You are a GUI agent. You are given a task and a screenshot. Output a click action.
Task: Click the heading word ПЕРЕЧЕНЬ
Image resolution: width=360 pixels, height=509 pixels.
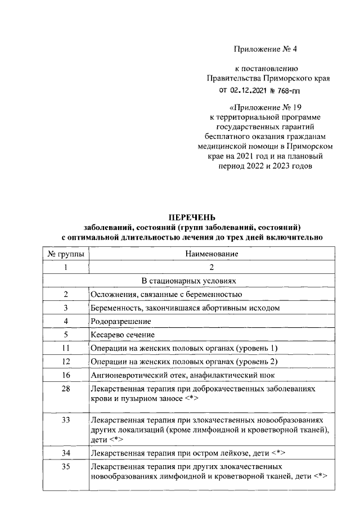pyautogui.click(x=192, y=218)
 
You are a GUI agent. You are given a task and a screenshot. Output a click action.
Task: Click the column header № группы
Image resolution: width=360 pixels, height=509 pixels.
pyautogui.click(x=66, y=254)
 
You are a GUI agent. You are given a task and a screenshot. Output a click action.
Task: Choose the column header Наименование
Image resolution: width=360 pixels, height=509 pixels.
pyautogui.click(x=211, y=254)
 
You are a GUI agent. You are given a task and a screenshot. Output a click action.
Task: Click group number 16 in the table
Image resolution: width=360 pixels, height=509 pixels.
pyautogui.click(x=66, y=375)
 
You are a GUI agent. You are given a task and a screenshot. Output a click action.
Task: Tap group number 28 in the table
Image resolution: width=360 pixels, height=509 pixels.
pyautogui.click(x=66, y=389)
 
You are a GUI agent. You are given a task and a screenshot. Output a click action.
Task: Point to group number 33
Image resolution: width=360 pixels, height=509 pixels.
pyautogui.click(x=66, y=420)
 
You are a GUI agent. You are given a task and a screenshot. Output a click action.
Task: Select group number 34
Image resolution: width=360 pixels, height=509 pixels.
pyautogui.click(x=66, y=453)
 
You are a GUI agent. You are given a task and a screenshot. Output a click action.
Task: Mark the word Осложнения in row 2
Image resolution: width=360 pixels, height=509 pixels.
pyautogui.click(x=111, y=294)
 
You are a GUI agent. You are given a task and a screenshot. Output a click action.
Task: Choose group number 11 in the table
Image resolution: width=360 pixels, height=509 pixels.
pyautogui.click(x=66, y=348)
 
